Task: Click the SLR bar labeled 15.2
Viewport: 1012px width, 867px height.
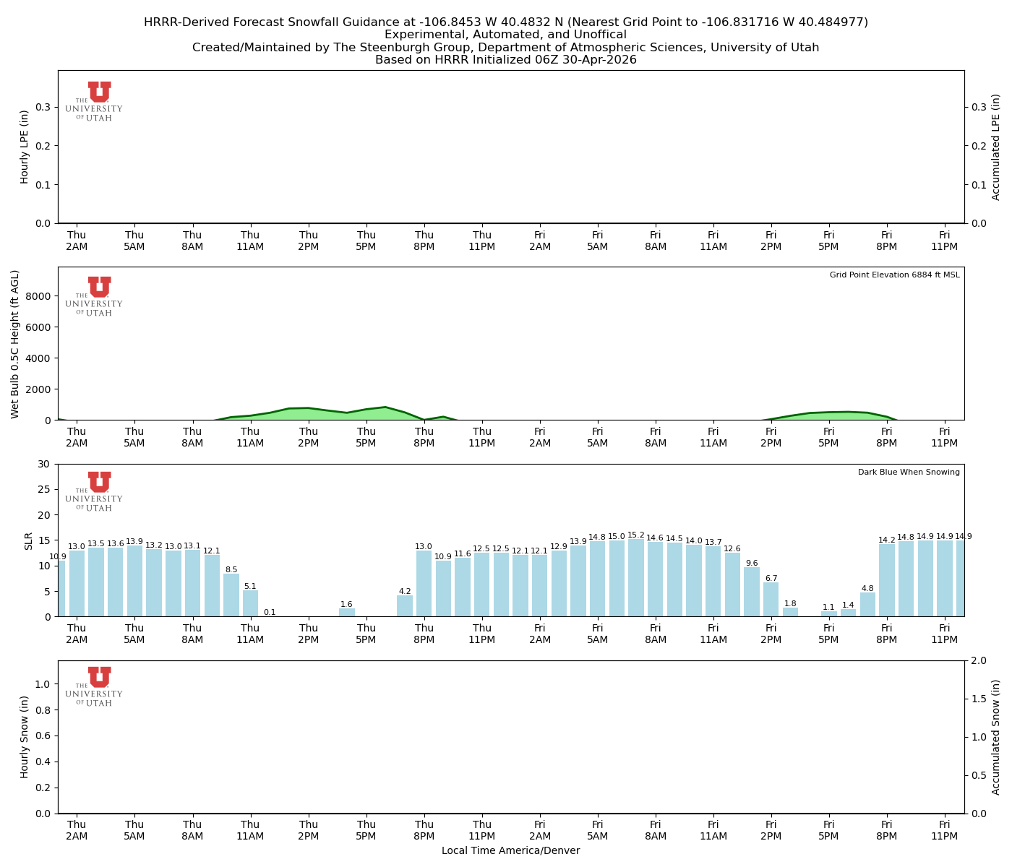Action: pos(636,578)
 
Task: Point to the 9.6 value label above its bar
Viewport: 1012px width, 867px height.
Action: pos(752,564)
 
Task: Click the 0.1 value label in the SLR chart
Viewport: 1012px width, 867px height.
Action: pos(270,613)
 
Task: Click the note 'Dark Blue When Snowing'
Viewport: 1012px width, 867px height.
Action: pos(909,473)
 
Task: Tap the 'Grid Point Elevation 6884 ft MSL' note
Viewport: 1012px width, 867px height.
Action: pos(894,275)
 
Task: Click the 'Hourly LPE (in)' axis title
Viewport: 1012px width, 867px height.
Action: pos(25,147)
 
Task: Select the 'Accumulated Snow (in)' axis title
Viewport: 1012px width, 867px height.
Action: pos(996,737)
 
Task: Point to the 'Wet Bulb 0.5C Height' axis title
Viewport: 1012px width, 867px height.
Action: pos(15,344)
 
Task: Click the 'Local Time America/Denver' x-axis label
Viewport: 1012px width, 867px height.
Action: pos(510,851)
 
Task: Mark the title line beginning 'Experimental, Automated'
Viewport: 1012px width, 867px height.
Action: pos(505,35)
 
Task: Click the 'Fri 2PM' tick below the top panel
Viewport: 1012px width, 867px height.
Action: pos(771,241)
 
